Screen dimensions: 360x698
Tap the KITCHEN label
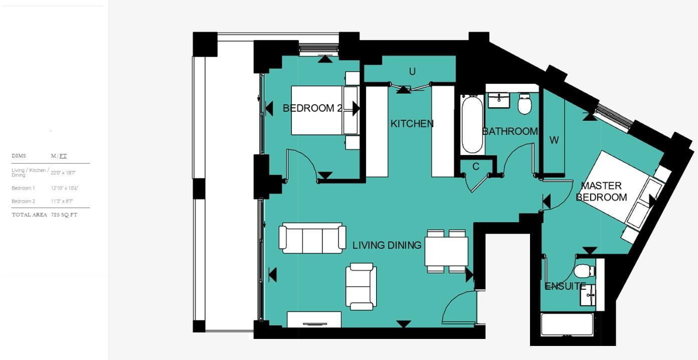[412, 124]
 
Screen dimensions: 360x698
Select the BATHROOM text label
[510, 131]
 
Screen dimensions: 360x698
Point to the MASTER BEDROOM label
[601, 192]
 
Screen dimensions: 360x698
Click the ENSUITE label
[565, 286]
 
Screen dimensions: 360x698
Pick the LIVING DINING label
[387, 245]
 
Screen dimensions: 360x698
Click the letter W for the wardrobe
[554, 140]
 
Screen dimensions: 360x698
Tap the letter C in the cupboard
[476, 166]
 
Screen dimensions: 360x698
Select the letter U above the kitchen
[412, 72]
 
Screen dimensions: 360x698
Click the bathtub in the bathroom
[472, 124]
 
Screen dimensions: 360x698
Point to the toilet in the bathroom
[525, 104]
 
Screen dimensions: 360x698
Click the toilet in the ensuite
[583, 271]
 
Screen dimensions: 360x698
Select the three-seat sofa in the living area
[312, 238]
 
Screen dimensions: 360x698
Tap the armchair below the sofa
[361, 286]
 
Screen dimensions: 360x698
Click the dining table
[446, 251]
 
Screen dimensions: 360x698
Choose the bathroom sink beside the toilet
[499, 99]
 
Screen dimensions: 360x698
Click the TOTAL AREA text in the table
[29, 215]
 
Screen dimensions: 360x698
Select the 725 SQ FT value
[64, 215]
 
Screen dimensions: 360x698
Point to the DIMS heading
[19, 156]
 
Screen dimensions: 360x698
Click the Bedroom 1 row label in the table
[23, 188]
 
